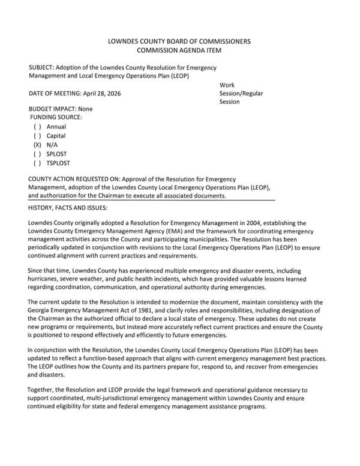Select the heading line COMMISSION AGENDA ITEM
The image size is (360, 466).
(179, 51)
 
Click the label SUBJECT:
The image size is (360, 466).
(44, 68)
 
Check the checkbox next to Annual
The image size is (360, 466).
(38, 127)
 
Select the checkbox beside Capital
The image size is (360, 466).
(38, 136)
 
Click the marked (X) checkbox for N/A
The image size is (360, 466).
(38, 145)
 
